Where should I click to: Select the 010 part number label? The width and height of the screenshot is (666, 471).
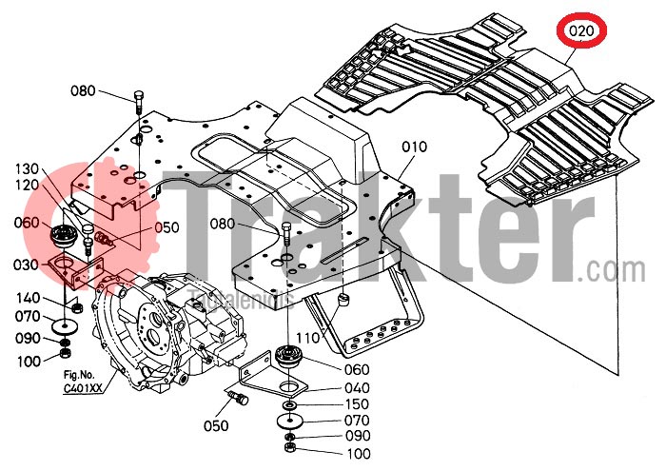pos(414,147)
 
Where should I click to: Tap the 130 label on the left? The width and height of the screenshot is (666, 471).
pos(28,168)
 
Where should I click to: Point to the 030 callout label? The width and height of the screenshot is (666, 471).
pos(28,265)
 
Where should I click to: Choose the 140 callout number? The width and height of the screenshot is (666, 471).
pos(28,298)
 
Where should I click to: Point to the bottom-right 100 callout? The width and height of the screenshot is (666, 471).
pos(359,454)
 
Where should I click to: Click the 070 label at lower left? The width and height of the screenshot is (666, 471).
pos(28,316)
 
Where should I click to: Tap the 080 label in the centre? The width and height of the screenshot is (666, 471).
pos(247,225)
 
